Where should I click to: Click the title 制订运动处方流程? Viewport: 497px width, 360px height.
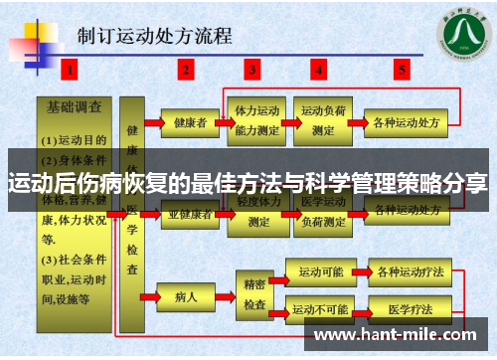[x=154, y=37]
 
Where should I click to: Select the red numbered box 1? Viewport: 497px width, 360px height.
[x=71, y=70]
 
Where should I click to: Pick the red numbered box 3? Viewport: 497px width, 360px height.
[x=252, y=70]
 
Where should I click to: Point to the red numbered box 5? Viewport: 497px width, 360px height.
[x=402, y=70]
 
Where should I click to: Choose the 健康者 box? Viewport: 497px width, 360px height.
[x=190, y=123]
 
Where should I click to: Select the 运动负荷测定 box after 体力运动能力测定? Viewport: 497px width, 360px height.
[x=324, y=120]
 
